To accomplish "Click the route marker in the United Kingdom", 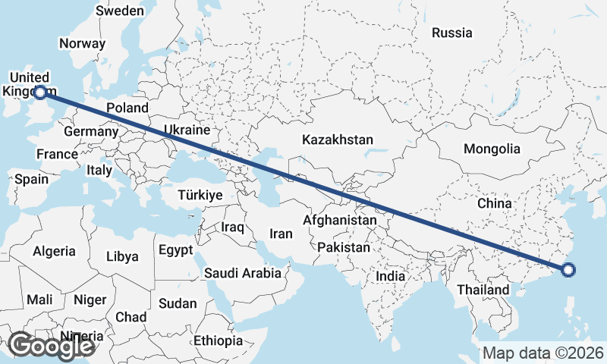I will pos(40,92).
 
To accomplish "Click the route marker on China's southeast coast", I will pos(568,268).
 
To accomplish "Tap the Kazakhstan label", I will pos(338,140).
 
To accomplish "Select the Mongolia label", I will pos(492,149).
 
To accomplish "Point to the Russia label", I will pos(451,33).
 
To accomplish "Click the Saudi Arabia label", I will pos(246,272).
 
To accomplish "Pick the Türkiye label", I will pos(200,195).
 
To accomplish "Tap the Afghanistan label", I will pos(339,221).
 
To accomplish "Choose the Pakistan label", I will pos(344,247).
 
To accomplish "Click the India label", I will pos(391,277).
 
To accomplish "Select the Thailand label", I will pos(483,290).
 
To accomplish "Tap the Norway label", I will pos(81,43).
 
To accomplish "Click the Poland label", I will pos(127,108).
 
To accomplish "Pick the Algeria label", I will pos(54,251).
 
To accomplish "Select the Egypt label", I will pos(176,249).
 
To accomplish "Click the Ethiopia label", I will pos(218,340).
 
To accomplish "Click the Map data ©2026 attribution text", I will pos(543,353).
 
